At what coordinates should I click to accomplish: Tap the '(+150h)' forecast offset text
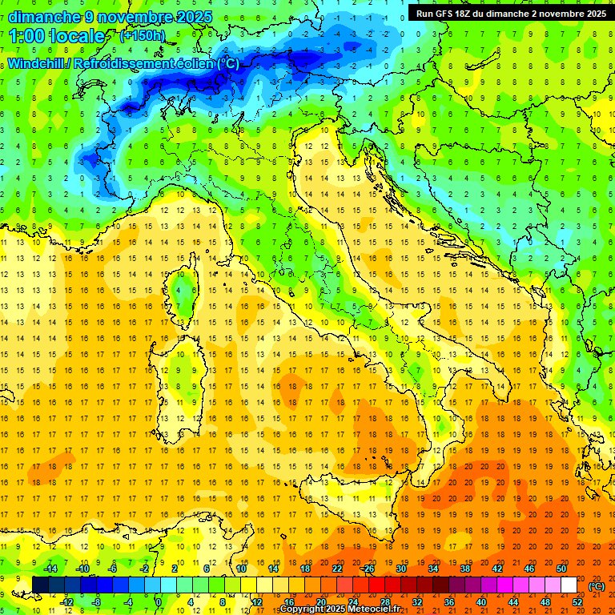pyautogui.click(x=143, y=36)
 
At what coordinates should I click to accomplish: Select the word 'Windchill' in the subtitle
pyautogui.click(x=37, y=63)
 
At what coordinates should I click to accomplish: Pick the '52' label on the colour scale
pyautogui.click(x=577, y=602)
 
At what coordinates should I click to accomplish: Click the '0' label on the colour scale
pyautogui.click(x=159, y=602)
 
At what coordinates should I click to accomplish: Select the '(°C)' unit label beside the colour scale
pyautogui.click(x=597, y=586)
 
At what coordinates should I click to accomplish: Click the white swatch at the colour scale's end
pyautogui.click(x=569, y=585)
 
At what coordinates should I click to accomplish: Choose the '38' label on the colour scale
pyautogui.click(x=464, y=569)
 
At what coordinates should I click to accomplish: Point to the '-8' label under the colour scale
pyautogui.click(x=96, y=602)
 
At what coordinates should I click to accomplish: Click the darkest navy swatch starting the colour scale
pyautogui.click(x=40, y=585)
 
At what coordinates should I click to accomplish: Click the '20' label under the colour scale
pyautogui.click(x=320, y=602)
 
